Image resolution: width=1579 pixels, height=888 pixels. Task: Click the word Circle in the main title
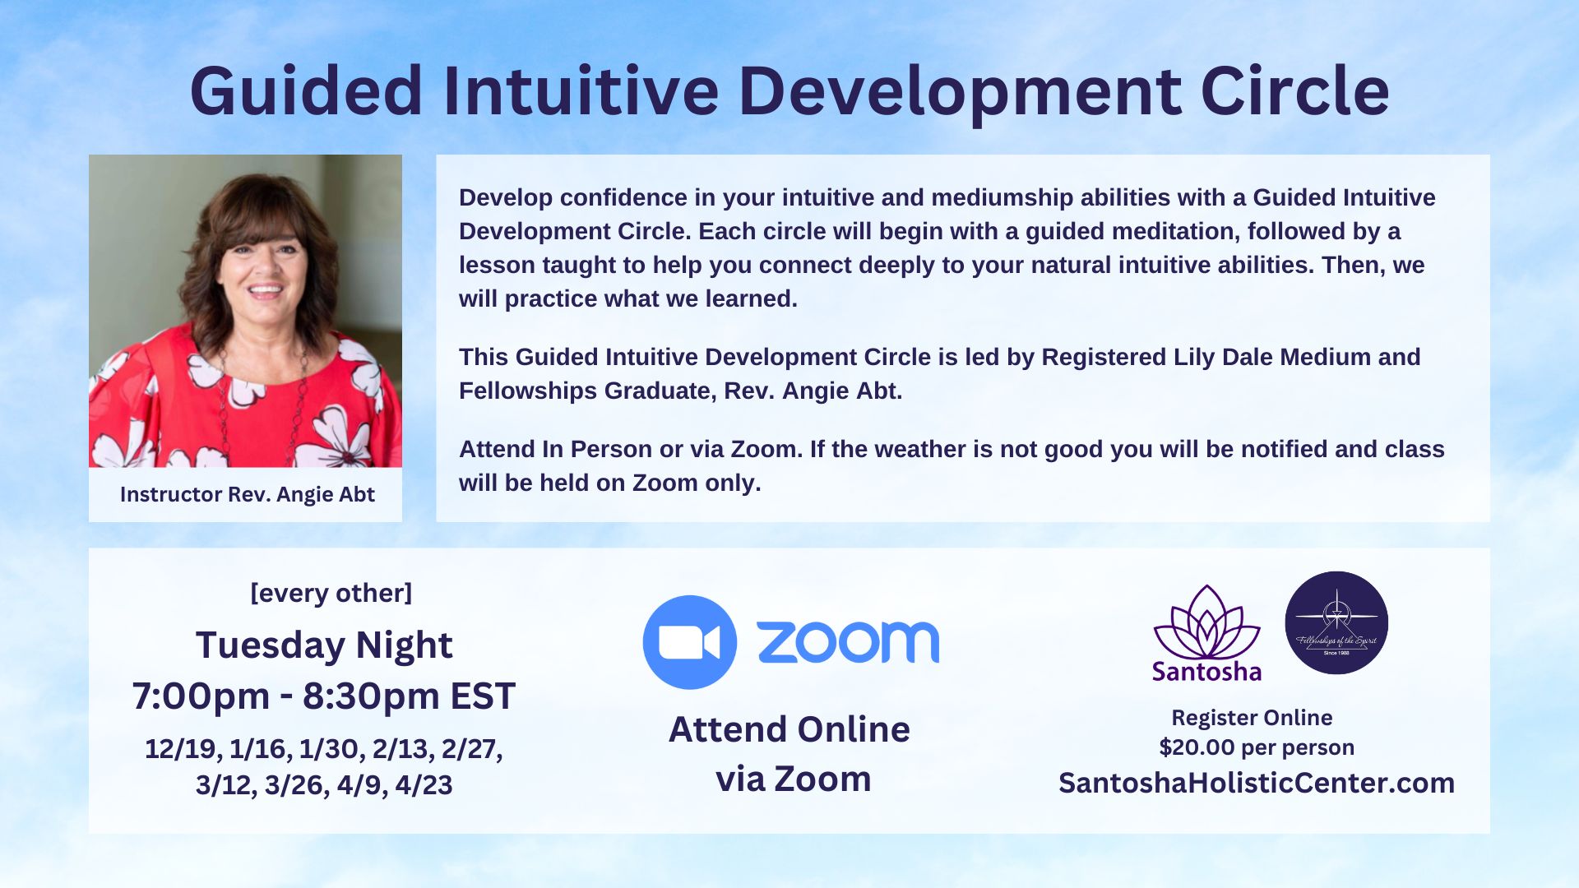[1294, 92]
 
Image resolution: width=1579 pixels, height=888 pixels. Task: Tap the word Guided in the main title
[306, 92]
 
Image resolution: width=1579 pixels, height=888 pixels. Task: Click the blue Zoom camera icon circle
[689, 642]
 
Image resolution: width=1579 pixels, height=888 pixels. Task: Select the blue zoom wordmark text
[847, 642]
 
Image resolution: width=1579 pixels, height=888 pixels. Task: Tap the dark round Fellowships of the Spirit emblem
[1336, 623]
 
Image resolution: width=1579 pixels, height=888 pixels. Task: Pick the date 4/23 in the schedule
[424, 785]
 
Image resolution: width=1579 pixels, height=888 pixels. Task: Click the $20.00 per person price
[1256, 747]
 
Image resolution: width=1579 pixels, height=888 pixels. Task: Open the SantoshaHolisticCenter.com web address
[1256, 783]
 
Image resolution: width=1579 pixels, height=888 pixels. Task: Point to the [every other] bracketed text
[331, 593]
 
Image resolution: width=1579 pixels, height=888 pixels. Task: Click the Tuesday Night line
[324, 645]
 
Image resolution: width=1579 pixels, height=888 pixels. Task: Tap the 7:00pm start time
[201, 696]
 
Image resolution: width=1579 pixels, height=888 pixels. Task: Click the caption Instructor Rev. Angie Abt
[247, 494]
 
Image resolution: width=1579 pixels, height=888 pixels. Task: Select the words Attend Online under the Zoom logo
[789, 729]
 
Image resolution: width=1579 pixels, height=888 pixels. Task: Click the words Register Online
[1251, 718]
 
